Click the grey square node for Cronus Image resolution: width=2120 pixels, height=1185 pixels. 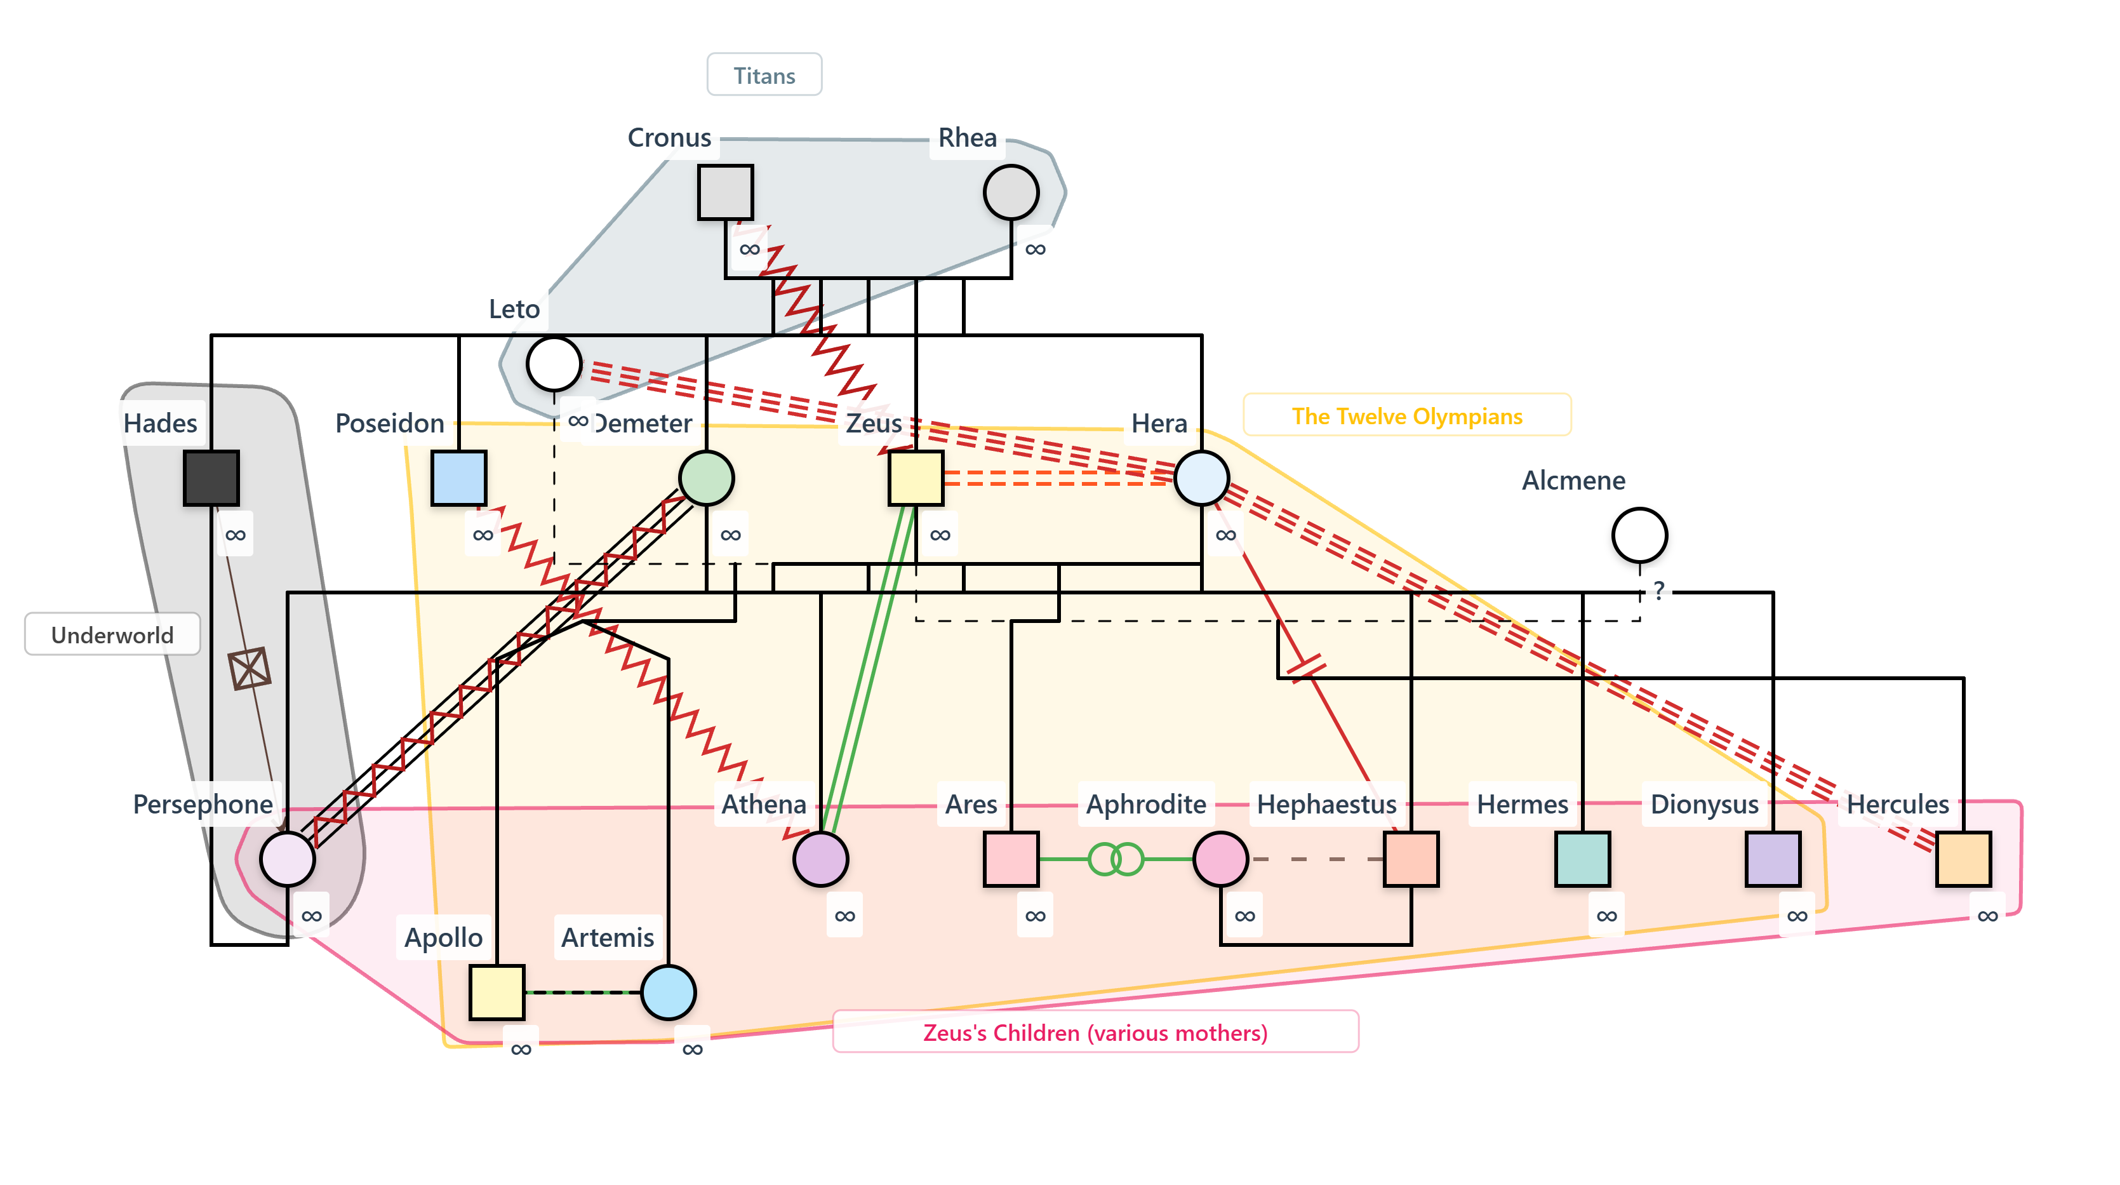tap(725, 192)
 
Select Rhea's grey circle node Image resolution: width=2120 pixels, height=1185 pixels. tap(1011, 192)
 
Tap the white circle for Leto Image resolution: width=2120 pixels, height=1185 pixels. tap(554, 364)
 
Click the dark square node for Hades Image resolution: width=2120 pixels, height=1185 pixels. tap(211, 478)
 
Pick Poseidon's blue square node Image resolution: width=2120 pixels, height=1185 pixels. tap(458, 478)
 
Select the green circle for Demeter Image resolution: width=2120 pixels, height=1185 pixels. tap(706, 478)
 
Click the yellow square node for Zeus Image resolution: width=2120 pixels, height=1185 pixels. tap(915, 478)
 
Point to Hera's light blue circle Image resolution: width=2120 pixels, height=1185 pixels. tap(1201, 478)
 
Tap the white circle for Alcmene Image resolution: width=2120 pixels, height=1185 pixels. tap(1639, 535)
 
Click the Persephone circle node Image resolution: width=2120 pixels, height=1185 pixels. tap(287, 859)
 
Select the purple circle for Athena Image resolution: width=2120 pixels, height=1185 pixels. tap(820, 859)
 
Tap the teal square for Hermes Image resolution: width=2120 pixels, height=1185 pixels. tap(1582, 859)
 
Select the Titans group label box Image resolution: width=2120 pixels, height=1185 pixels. tap(764, 76)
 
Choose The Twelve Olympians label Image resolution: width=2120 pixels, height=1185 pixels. tap(1406, 415)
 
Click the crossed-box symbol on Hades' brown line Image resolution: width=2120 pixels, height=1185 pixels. tap(250, 667)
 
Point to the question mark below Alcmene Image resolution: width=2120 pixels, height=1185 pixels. tap(1659, 589)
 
